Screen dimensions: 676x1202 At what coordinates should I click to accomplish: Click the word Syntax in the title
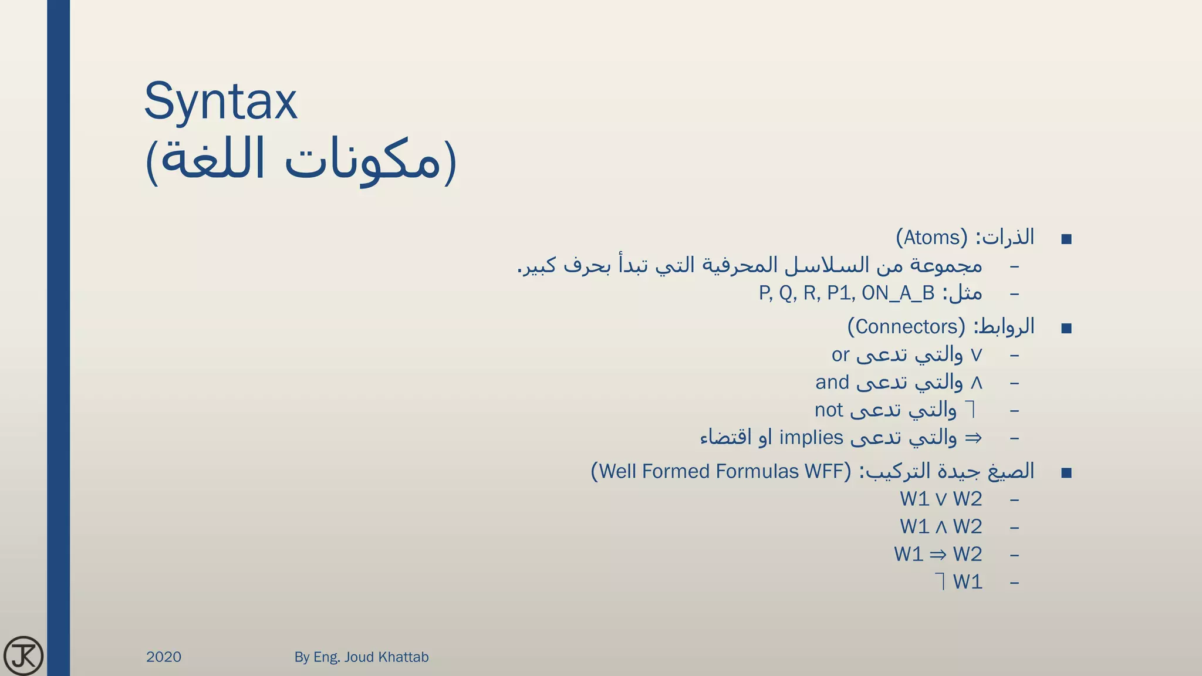[x=221, y=102]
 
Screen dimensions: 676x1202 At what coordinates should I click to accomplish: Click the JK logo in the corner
[x=23, y=655]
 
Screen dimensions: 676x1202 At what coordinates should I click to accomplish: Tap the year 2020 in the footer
[x=164, y=657]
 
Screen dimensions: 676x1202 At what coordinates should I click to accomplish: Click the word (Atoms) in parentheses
[x=931, y=238]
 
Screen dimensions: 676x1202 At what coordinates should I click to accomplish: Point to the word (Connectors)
[x=906, y=327]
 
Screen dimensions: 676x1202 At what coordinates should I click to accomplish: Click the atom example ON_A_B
[x=898, y=293]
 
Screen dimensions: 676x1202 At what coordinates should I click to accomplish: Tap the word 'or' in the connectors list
[x=840, y=355]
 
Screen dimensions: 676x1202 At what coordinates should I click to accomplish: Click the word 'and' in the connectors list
[x=832, y=383]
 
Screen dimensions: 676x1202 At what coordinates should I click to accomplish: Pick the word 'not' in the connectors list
[x=829, y=410]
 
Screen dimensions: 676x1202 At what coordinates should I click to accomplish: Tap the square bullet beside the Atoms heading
[x=1066, y=239]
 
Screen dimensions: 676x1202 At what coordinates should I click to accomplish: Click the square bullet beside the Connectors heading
[x=1066, y=328]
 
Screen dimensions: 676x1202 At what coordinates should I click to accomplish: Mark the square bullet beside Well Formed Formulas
[x=1066, y=472]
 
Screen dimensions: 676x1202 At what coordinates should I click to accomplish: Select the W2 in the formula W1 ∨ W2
[x=967, y=499]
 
